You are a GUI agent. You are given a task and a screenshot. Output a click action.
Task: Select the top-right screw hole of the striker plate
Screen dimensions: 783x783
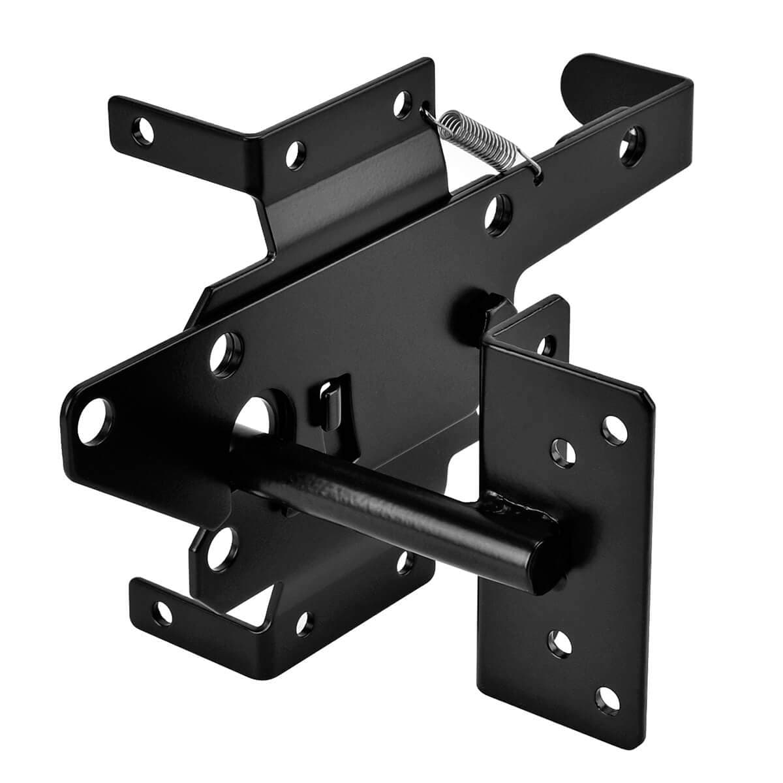613,427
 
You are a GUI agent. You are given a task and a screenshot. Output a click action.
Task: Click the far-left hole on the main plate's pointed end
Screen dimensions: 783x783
91,423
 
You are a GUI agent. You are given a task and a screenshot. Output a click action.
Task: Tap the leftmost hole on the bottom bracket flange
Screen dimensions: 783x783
161,611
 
